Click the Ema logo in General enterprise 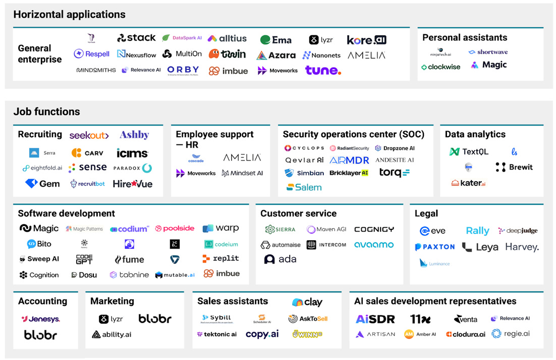click(275, 40)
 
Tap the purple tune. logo click(323, 70)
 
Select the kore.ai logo click(366, 39)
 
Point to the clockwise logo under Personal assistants click(440, 67)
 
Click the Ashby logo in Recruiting click(134, 135)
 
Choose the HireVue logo click(132, 184)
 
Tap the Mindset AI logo click(243, 173)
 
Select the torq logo click(394, 173)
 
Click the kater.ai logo click(468, 183)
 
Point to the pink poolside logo click(175, 228)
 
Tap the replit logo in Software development click(220, 259)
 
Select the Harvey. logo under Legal click(522, 247)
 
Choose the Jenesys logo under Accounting click(41, 319)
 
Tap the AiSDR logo click(375, 319)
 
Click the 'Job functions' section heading click(46, 112)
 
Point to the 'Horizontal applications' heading click(69, 15)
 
